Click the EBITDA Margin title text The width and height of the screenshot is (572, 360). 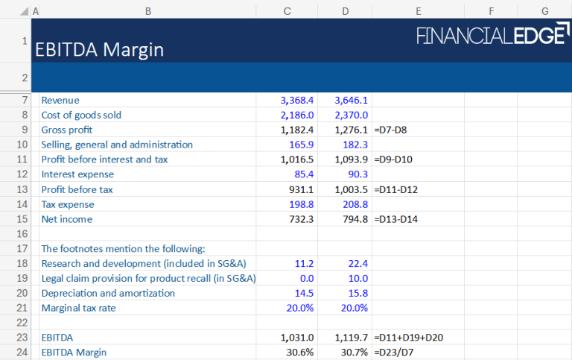(99, 50)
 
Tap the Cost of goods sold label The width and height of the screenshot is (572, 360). (81, 115)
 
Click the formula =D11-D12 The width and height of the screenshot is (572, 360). (396, 189)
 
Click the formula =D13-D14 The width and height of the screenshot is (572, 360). (396, 219)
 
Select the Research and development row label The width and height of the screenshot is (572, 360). (144, 263)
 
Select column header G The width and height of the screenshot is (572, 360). (544, 10)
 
